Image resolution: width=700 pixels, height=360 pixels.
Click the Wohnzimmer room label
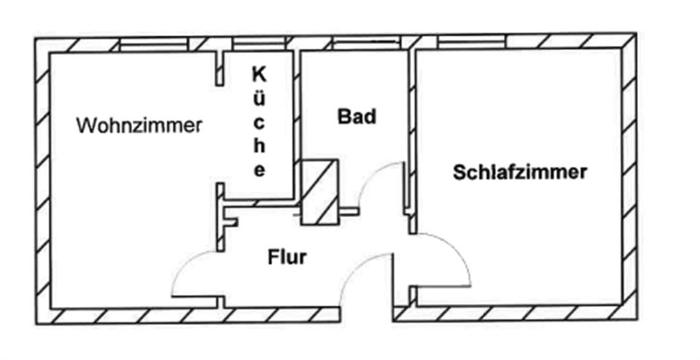(139, 125)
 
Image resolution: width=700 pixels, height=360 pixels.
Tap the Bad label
(357, 116)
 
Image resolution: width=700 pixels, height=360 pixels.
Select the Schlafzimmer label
(520, 173)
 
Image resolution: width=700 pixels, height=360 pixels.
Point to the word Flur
(287, 257)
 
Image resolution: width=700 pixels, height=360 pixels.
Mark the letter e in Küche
(259, 171)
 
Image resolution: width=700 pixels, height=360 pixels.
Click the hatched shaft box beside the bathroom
(319, 192)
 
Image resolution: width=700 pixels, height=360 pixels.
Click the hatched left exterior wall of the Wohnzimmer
(42, 182)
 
